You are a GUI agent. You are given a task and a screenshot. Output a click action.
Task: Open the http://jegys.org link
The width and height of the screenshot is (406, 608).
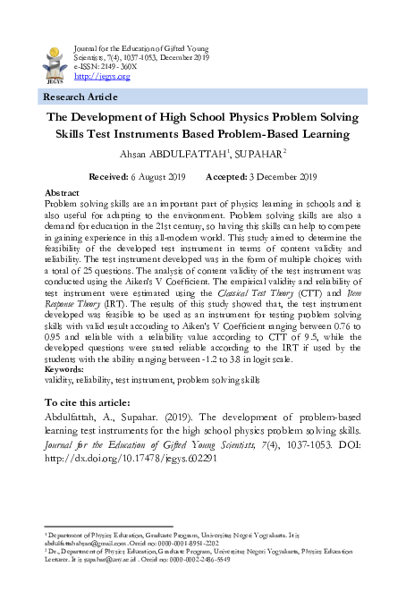tap(100, 76)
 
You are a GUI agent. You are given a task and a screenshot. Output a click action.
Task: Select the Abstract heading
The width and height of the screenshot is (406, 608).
tap(62, 193)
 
